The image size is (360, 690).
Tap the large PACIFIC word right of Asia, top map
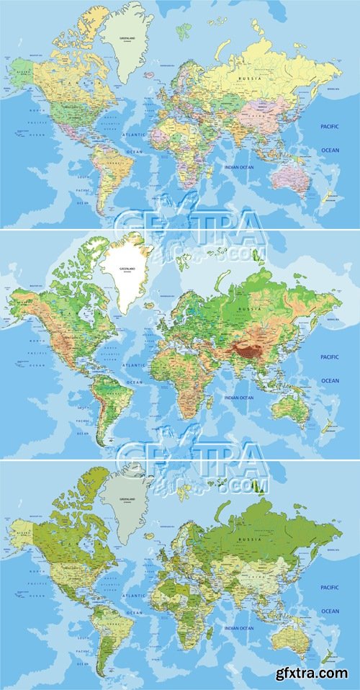329,127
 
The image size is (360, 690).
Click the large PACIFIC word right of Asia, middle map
329,357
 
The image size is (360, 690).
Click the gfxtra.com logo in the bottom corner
314,673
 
